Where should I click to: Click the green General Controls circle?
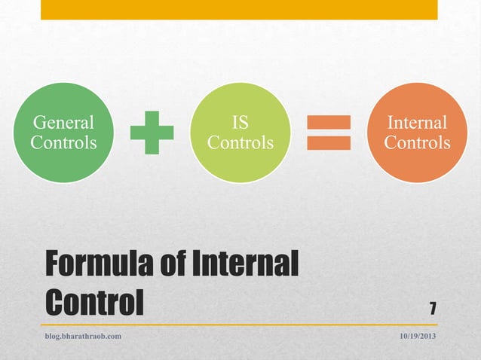(x=63, y=132)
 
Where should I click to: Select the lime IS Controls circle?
(x=240, y=132)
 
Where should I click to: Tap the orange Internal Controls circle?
(x=417, y=132)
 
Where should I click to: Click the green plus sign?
(x=152, y=133)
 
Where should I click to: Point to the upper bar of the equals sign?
(x=329, y=122)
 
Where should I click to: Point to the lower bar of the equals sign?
(x=329, y=142)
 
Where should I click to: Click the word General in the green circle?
(x=63, y=122)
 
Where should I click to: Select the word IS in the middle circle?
(x=240, y=122)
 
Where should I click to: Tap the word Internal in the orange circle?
(x=417, y=122)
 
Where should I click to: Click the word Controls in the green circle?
(x=63, y=142)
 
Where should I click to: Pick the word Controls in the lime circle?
(x=240, y=142)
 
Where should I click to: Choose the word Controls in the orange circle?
(x=417, y=142)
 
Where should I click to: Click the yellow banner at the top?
(x=239, y=9)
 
